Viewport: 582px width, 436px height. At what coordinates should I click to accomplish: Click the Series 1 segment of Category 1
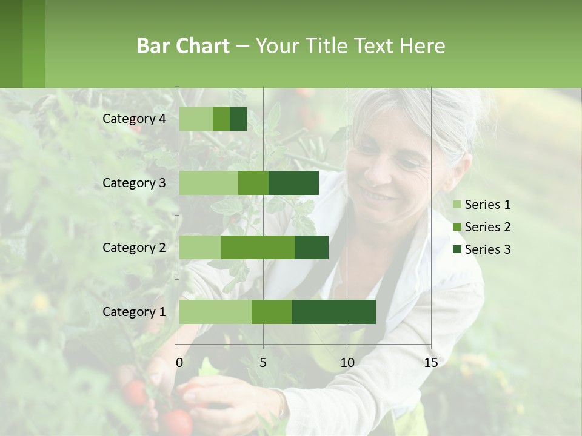pyautogui.click(x=215, y=312)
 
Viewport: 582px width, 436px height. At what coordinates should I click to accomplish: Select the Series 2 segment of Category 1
pyautogui.click(x=272, y=312)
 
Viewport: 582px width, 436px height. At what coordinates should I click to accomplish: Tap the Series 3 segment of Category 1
pyautogui.click(x=333, y=312)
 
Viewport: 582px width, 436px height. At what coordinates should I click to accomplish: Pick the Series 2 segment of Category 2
pyautogui.click(x=258, y=247)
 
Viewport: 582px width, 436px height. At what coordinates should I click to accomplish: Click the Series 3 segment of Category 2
pyautogui.click(x=312, y=247)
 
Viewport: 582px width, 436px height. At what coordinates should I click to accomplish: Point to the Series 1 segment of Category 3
pyautogui.click(x=209, y=183)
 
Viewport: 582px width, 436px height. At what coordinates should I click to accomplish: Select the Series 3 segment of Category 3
pyautogui.click(x=293, y=183)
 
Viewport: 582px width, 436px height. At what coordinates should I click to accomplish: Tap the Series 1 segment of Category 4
pyautogui.click(x=196, y=119)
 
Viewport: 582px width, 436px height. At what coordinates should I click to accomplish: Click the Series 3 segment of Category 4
pyautogui.click(x=238, y=119)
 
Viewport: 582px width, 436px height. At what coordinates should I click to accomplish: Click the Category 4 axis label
pyautogui.click(x=134, y=119)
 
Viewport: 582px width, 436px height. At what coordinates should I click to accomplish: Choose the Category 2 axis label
pyautogui.click(x=134, y=247)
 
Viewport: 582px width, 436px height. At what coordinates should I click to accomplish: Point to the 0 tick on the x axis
pyautogui.click(x=179, y=363)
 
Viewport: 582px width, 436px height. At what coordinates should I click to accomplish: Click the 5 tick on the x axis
pyautogui.click(x=263, y=363)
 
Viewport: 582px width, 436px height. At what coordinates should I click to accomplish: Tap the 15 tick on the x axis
pyautogui.click(x=431, y=363)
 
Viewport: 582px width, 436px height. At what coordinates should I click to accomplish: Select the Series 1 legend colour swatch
pyautogui.click(x=457, y=205)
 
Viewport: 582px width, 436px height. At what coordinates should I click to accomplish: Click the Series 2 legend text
pyautogui.click(x=487, y=227)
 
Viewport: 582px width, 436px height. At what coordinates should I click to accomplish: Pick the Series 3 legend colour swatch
pyautogui.click(x=457, y=249)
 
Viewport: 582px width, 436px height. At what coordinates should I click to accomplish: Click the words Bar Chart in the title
pyautogui.click(x=183, y=46)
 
